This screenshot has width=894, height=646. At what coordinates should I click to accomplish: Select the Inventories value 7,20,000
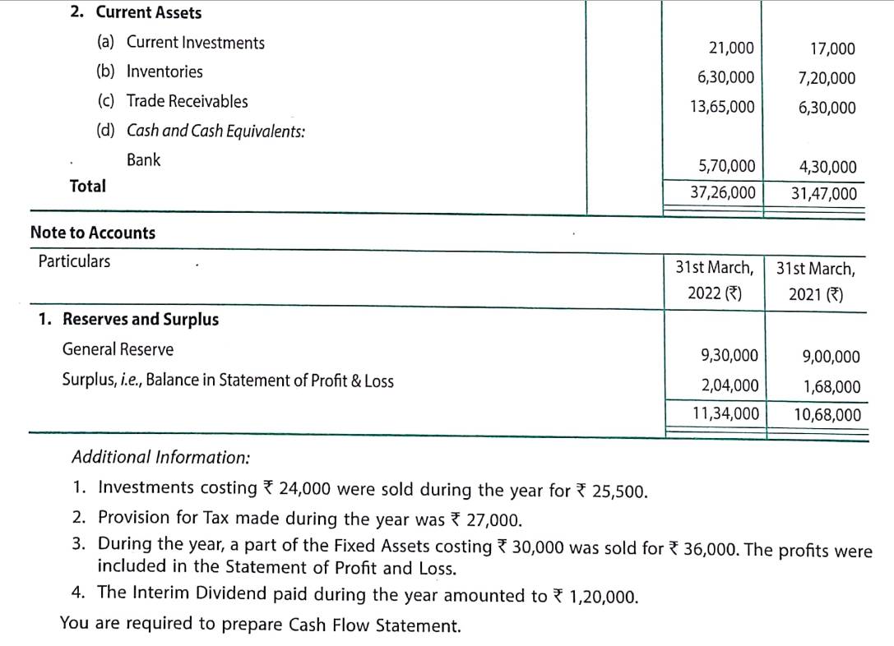(x=826, y=79)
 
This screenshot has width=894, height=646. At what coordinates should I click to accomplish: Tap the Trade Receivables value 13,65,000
(x=721, y=107)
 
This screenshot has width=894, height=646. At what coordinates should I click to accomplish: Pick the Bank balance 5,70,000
(x=726, y=167)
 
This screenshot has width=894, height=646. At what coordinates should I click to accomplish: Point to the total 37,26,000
(x=722, y=193)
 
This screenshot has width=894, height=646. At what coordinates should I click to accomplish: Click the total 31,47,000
(x=823, y=195)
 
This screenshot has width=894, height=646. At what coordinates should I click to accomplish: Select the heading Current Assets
(x=148, y=12)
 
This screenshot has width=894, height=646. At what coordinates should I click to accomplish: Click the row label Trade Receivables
(x=186, y=102)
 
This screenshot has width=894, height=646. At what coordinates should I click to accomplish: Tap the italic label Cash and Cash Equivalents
(x=215, y=132)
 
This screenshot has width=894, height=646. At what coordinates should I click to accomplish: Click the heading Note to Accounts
(x=92, y=233)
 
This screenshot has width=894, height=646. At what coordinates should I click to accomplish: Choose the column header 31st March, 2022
(x=714, y=280)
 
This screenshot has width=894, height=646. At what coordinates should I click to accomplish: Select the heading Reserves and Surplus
(x=140, y=320)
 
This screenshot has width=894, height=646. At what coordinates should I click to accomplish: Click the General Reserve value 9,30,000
(x=729, y=356)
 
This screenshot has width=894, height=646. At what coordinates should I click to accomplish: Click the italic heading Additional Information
(x=161, y=457)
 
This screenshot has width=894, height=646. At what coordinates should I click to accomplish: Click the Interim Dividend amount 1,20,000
(x=602, y=597)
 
